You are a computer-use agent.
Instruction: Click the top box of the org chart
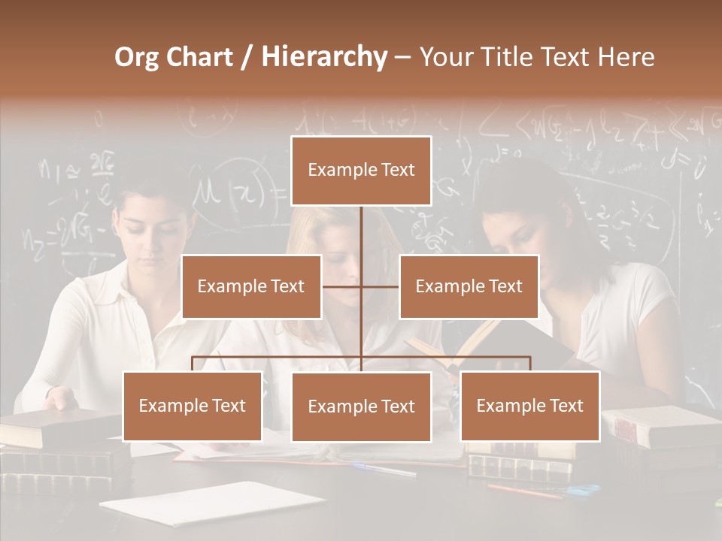[361, 171]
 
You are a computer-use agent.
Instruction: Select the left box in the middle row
[251, 286]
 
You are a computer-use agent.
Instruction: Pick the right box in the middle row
[469, 286]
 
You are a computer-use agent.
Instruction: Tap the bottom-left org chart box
[193, 406]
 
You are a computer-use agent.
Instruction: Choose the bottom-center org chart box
[361, 407]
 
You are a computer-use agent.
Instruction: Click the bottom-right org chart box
[530, 406]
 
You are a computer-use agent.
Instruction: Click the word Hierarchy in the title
[324, 57]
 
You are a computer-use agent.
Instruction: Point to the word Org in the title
[136, 57]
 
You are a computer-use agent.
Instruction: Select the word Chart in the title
[199, 57]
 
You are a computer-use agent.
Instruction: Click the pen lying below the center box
[384, 470]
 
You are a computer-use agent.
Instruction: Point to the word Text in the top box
[396, 170]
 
